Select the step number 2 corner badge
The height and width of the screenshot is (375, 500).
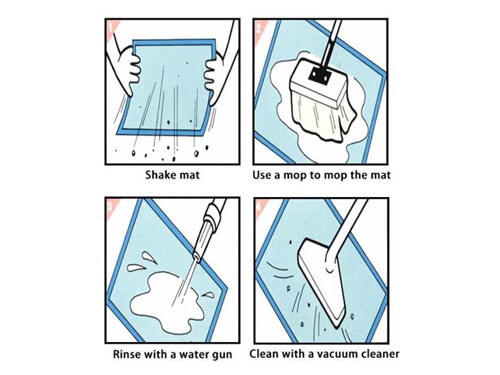pos(259,27)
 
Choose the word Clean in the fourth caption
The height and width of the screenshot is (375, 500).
pos(262,354)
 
